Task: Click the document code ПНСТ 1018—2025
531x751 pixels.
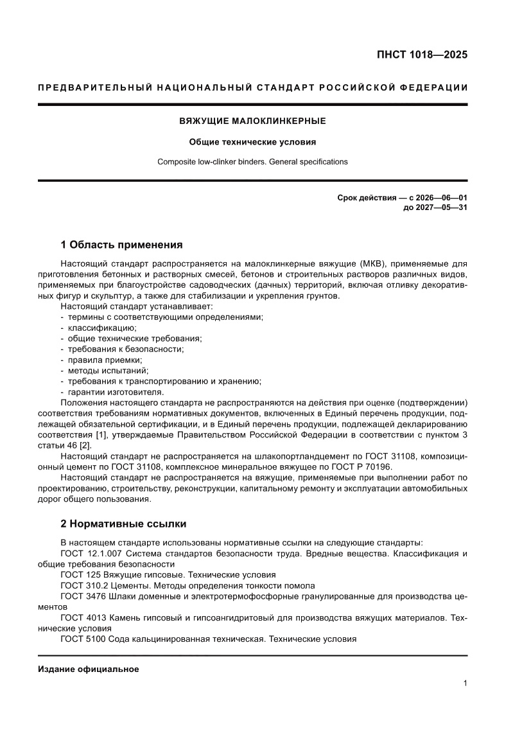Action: click(x=421, y=55)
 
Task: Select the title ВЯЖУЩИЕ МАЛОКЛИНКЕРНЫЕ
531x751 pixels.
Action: click(x=252, y=121)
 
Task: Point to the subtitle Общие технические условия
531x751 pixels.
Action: click(x=252, y=142)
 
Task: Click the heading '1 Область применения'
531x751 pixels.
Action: click(x=121, y=245)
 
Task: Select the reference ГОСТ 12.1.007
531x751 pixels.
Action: click(x=91, y=553)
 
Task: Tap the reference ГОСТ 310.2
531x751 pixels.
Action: click(x=83, y=585)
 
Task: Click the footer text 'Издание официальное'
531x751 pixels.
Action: click(x=89, y=669)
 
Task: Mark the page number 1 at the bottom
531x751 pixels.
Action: click(x=464, y=684)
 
